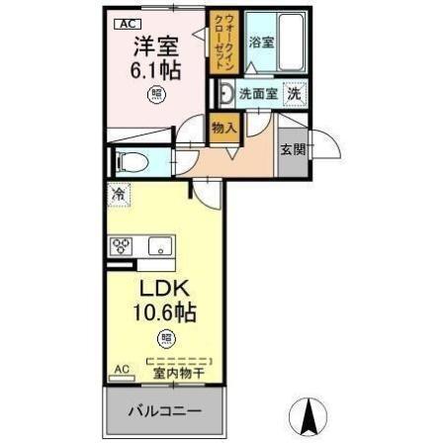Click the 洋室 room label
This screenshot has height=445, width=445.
click(x=156, y=45)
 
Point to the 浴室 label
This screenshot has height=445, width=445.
click(x=261, y=43)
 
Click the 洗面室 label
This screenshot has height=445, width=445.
click(x=257, y=95)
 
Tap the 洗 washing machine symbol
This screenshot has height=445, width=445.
click(x=294, y=94)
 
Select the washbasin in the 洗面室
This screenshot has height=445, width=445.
click(x=226, y=95)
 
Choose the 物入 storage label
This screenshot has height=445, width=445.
click(x=222, y=127)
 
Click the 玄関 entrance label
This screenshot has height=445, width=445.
click(x=292, y=150)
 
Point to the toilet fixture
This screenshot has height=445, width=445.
click(x=129, y=162)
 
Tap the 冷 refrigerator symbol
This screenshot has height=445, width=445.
click(x=119, y=195)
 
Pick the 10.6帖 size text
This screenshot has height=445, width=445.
click(x=163, y=314)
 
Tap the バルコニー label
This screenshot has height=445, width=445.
click(x=164, y=411)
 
